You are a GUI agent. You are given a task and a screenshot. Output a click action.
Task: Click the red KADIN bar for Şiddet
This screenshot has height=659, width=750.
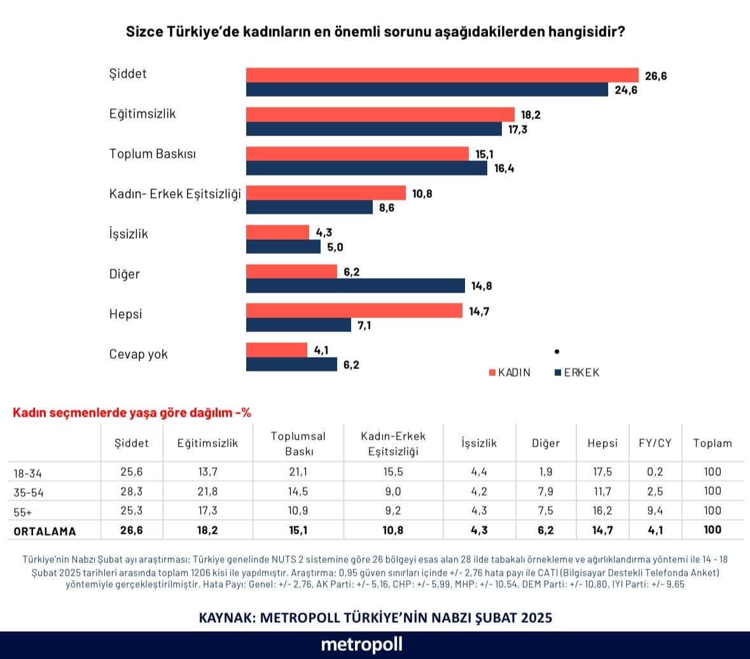coord(442,74)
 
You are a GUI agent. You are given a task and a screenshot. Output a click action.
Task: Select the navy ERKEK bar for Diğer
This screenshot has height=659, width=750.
coord(355,286)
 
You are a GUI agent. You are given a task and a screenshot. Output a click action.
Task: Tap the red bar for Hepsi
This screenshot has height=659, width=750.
coord(354,310)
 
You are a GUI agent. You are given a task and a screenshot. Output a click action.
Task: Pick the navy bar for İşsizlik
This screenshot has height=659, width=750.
coord(283,247)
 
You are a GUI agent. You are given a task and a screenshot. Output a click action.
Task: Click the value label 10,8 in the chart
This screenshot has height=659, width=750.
coord(422,193)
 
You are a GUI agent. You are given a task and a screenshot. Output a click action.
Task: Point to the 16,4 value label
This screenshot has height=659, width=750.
coord(503,169)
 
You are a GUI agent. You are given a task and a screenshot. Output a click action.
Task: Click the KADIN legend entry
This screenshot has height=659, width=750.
coord(510,373)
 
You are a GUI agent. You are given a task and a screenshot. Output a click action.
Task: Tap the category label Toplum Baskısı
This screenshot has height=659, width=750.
coord(153,154)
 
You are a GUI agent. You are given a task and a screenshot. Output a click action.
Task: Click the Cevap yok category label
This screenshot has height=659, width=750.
coord(139,354)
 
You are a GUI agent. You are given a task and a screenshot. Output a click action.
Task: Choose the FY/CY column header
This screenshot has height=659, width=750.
coord(655,443)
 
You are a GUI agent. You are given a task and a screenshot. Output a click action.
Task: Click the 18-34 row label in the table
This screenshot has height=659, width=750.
coord(27,473)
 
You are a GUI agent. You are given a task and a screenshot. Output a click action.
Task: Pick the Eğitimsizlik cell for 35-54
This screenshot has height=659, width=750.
coord(207,491)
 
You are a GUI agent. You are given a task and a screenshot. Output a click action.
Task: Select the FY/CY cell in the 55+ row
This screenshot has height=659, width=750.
coord(655,510)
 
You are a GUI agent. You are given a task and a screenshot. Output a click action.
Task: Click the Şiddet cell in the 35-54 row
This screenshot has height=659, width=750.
coord(131,491)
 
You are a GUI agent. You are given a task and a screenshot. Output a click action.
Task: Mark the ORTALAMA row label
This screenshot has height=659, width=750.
coord(45,531)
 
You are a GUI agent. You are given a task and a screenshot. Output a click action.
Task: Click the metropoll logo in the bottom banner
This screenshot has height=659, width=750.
coord(361,644)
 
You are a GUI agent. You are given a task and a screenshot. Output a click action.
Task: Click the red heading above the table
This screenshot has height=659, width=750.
coord(132,412)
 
